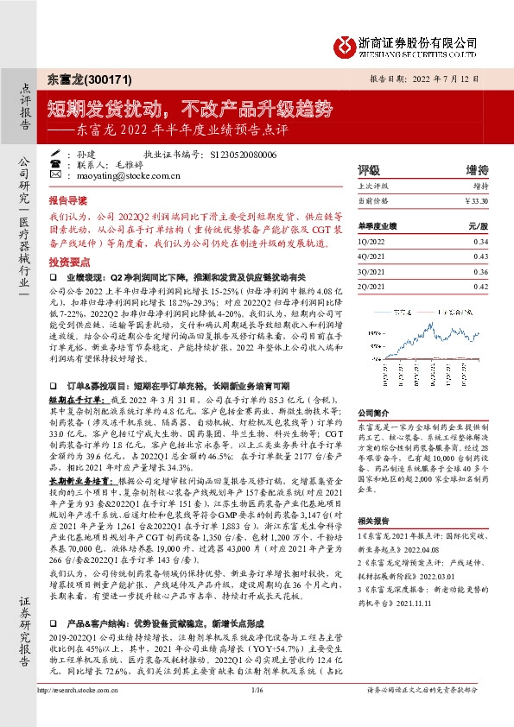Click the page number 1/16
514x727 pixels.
[x=256, y=714]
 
